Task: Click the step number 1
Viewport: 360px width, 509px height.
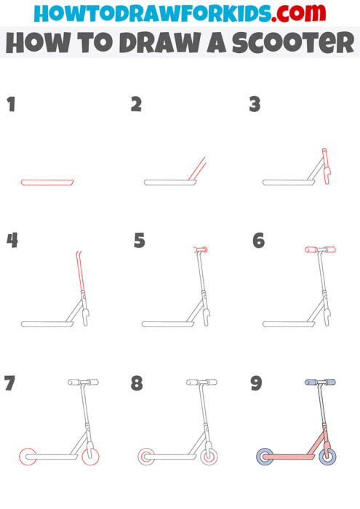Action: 11,105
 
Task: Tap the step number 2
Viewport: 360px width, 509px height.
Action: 136,105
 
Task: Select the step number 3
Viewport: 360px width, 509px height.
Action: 255,105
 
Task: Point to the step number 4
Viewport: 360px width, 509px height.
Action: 12,240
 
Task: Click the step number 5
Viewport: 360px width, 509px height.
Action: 140,240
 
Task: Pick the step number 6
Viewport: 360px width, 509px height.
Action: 258,240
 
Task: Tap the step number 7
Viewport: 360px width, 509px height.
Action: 10,383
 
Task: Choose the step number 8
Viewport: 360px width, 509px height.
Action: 137,383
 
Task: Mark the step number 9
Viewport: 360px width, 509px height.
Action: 256,383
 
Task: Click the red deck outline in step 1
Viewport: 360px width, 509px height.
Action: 47,181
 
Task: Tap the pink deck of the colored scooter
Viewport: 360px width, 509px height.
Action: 291,457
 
